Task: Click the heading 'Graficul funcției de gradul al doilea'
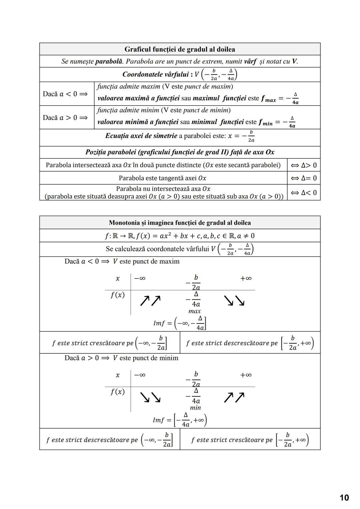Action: coord(180,49)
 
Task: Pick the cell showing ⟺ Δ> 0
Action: coord(304,165)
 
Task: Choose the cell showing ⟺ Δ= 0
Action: coord(304,178)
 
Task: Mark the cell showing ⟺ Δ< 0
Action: coord(304,193)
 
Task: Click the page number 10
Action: coord(344,498)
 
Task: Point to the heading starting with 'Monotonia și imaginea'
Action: coord(180,223)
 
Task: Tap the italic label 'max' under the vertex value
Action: coord(194,311)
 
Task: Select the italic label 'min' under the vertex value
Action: coord(195,408)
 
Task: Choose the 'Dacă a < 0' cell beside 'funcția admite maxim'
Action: coord(65,94)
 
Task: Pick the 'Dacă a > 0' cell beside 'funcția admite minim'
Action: coord(65,118)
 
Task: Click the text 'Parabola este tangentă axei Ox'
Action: coord(163,178)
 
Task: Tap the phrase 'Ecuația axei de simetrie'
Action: coord(141,136)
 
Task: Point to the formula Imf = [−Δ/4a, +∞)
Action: coord(180,420)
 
